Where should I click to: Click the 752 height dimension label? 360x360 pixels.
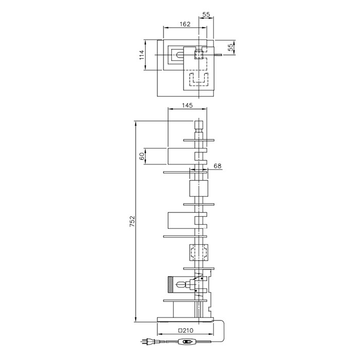pyautogui.click(x=132, y=221)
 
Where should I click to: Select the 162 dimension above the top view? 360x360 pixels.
pyautogui.click(x=186, y=24)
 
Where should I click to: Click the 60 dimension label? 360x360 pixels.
pyautogui.click(x=142, y=156)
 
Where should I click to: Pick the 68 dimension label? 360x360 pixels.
pyautogui.click(x=218, y=166)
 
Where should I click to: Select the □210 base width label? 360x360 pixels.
pyautogui.click(x=186, y=330)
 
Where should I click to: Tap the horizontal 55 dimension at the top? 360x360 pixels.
pyautogui.click(x=206, y=15)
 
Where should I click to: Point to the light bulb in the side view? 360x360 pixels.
pyautogui.click(x=181, y=285)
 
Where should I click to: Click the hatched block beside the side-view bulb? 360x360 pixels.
pyautogui.click(x=169, y=285)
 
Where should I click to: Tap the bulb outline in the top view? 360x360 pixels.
pyautogui.click(x=179, y=53)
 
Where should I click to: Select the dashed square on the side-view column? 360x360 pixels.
pyautogui.click(x=199, y=254)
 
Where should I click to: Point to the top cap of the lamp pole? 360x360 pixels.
pyautogui.click(x=199, y=124)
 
